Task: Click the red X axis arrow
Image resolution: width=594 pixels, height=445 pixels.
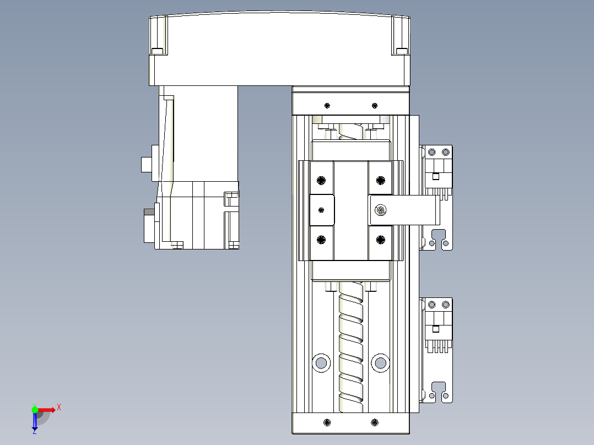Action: click(48, 409)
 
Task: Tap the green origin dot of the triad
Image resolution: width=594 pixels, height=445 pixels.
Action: click(35, 409)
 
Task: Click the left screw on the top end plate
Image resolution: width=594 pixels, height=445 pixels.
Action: click(327, 105)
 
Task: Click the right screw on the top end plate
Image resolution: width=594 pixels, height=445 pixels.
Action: click(375, 105)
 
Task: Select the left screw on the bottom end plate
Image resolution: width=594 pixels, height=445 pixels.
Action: click(327, 422)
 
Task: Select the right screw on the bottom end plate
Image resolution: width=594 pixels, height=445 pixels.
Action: click(375, 422)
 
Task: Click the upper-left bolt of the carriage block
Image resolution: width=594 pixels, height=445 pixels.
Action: click(322, 180)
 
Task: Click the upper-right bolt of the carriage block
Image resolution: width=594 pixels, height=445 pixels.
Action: click(380, 180)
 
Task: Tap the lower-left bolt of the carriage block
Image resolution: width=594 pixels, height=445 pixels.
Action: click(322, 239)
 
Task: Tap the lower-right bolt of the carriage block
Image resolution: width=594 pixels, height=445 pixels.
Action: click(380, 239)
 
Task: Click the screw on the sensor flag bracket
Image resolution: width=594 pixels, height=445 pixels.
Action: click(380, 210)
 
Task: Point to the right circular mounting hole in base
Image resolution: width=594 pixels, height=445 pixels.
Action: click(380, 362)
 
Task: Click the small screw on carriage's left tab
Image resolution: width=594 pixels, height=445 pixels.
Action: click(322, 209)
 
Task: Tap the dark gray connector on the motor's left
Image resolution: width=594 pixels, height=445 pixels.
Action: click(149, 226)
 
